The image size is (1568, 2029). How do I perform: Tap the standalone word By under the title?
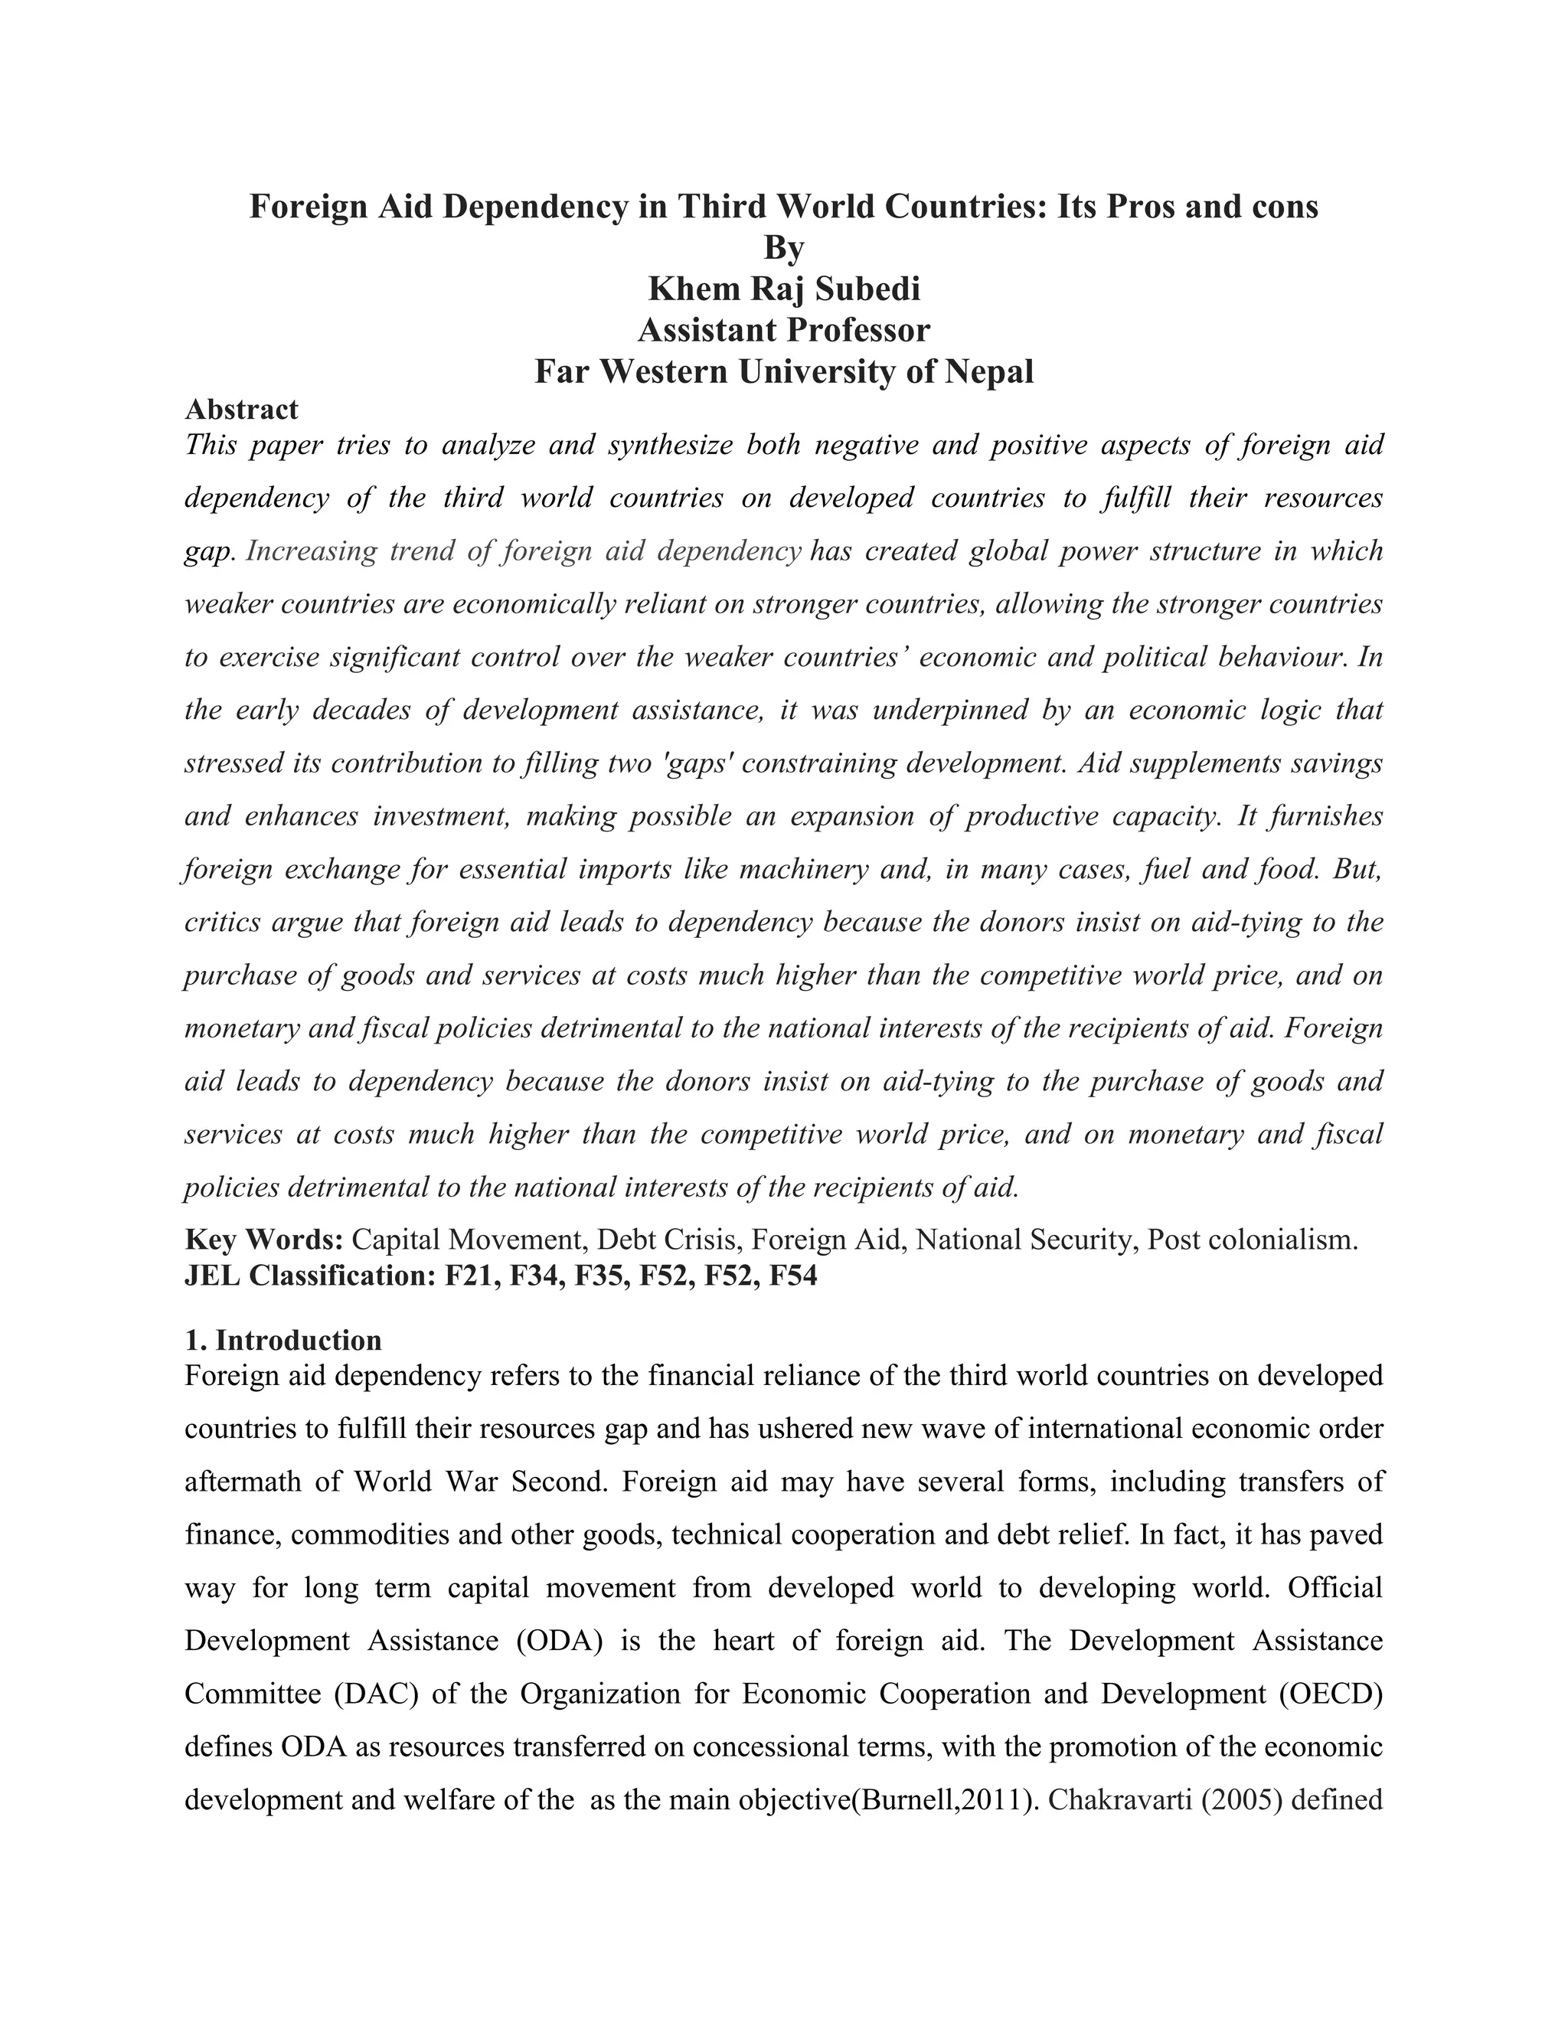pos(783,248)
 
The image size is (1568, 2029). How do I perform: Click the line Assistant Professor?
pos(783,330)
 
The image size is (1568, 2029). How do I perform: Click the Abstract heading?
pos(241,409)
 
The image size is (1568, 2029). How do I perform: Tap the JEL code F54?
pos(793,1276)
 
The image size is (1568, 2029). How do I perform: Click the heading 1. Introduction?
pos(283,1340)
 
